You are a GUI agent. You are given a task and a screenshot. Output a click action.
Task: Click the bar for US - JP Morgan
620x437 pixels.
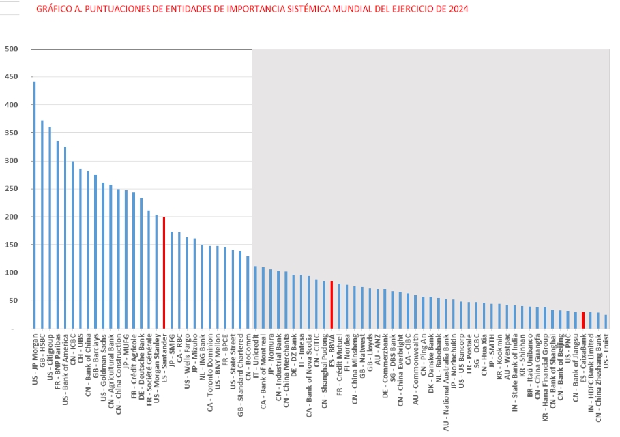click(x=34, y=205)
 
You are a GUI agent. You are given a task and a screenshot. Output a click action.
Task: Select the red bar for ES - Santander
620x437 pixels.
click(x=164, y=273)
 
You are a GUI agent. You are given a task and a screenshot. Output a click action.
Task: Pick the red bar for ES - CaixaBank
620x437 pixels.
click(x=583, y=320)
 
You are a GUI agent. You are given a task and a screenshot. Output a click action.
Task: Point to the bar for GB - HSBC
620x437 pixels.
click(x=42, y=225)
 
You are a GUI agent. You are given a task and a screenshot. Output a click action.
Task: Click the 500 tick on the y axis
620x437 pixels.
click(x=12, y=49)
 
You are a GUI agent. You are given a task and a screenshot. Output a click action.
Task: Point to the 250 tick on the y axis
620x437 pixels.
click(x=12, y=189)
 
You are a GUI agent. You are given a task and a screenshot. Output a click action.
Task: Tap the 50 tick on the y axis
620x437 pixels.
click(x=14, y=301)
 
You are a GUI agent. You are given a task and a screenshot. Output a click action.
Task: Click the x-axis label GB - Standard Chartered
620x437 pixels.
click(x=240, y=372)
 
